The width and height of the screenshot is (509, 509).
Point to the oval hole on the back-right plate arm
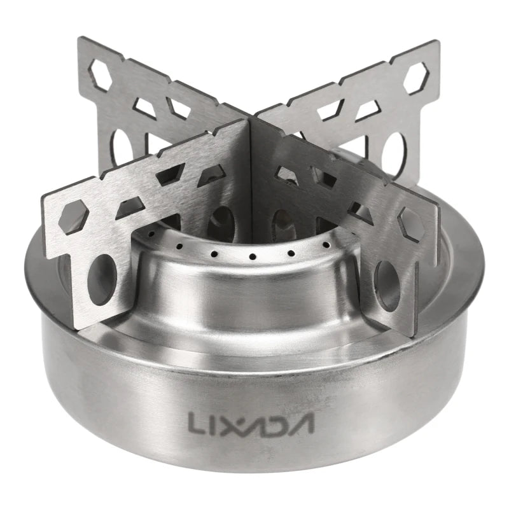coord(394,153)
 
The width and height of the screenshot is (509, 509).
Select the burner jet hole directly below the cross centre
coord(253,258)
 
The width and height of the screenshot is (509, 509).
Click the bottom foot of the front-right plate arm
coord(407,328)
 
